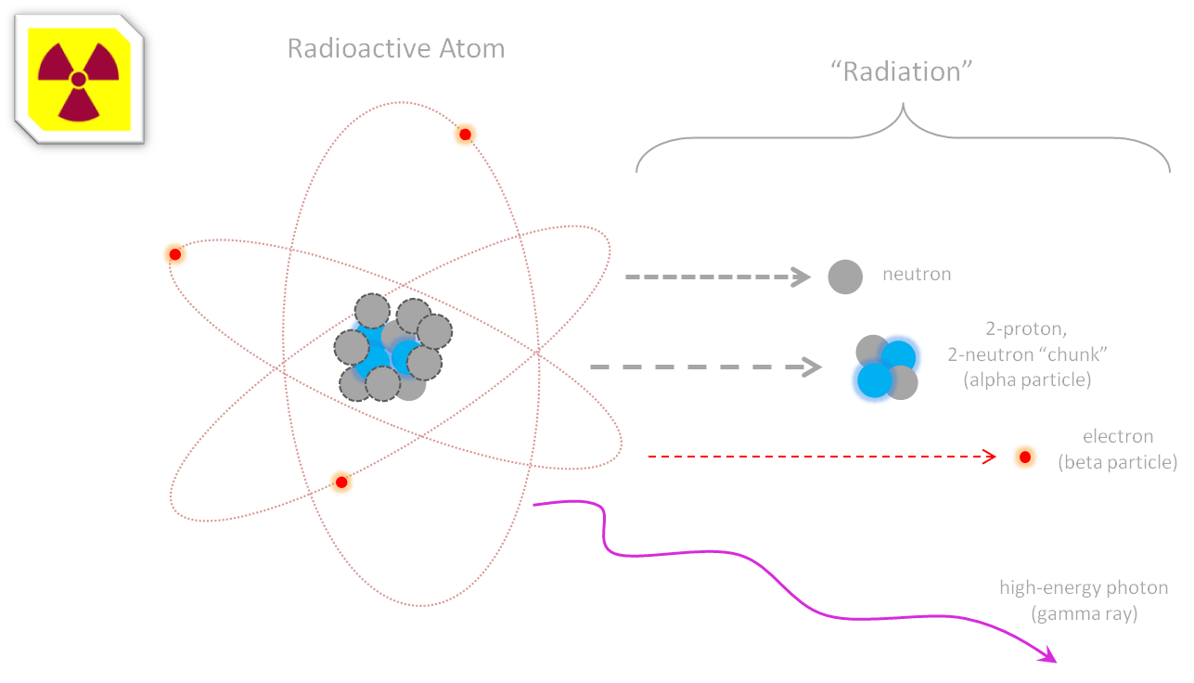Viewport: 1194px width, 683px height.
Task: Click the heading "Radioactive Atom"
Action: point(395,48)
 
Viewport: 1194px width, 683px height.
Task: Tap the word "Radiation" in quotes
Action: point(902,71)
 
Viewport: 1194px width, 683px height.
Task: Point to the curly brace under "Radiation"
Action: point(902,140)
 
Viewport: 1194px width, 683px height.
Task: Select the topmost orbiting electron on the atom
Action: point(465,135)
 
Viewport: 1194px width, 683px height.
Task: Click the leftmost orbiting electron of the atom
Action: point(174,254)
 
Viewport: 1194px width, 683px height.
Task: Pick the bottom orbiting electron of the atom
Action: point(341,482)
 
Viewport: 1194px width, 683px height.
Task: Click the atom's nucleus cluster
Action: point(392,348)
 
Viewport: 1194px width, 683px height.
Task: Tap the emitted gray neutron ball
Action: point(844,277)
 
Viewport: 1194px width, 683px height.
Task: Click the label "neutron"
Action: point(917,275)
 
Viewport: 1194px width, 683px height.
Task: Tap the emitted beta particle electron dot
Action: point(1024,457)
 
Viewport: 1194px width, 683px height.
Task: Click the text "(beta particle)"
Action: point(1118,462)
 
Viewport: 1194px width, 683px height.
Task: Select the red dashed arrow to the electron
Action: point(821,457)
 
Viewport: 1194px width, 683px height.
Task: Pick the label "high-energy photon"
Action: point(1083,588)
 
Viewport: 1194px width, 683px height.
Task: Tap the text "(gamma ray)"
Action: point(1083,614)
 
